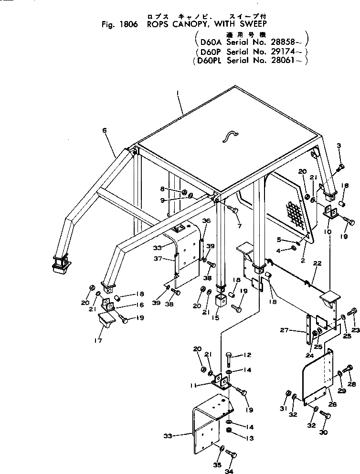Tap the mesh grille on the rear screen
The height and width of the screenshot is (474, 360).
click(x=296, y=213)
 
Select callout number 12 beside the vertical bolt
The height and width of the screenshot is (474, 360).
click(x=248, y=355)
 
